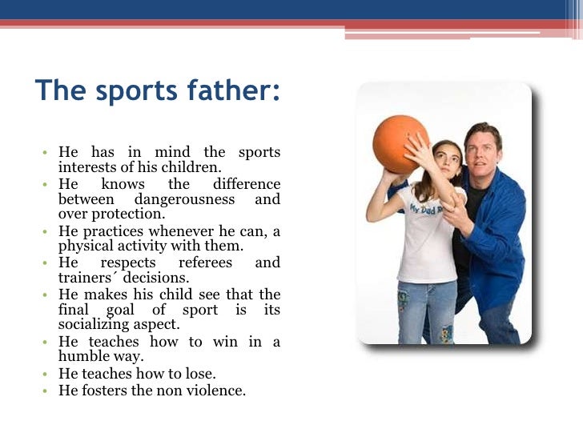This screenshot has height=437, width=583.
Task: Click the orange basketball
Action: point(400,144)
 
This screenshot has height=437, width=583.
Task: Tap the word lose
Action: point(202,373)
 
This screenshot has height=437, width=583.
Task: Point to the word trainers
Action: point(83,278)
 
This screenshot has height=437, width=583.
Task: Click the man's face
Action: point(483,150)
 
